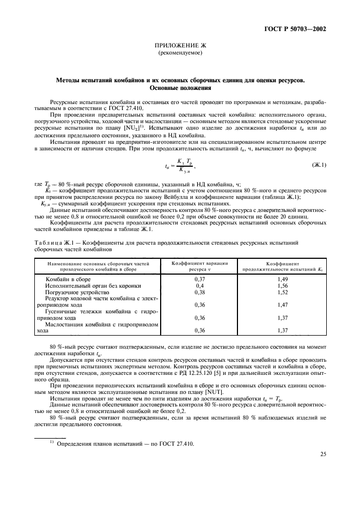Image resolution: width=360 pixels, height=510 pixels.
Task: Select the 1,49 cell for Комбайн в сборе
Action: tap(282, 278)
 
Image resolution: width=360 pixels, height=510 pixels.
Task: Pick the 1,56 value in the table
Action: tap(282, 286)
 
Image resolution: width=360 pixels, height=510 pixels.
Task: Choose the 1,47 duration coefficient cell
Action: tap(282, 305)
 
